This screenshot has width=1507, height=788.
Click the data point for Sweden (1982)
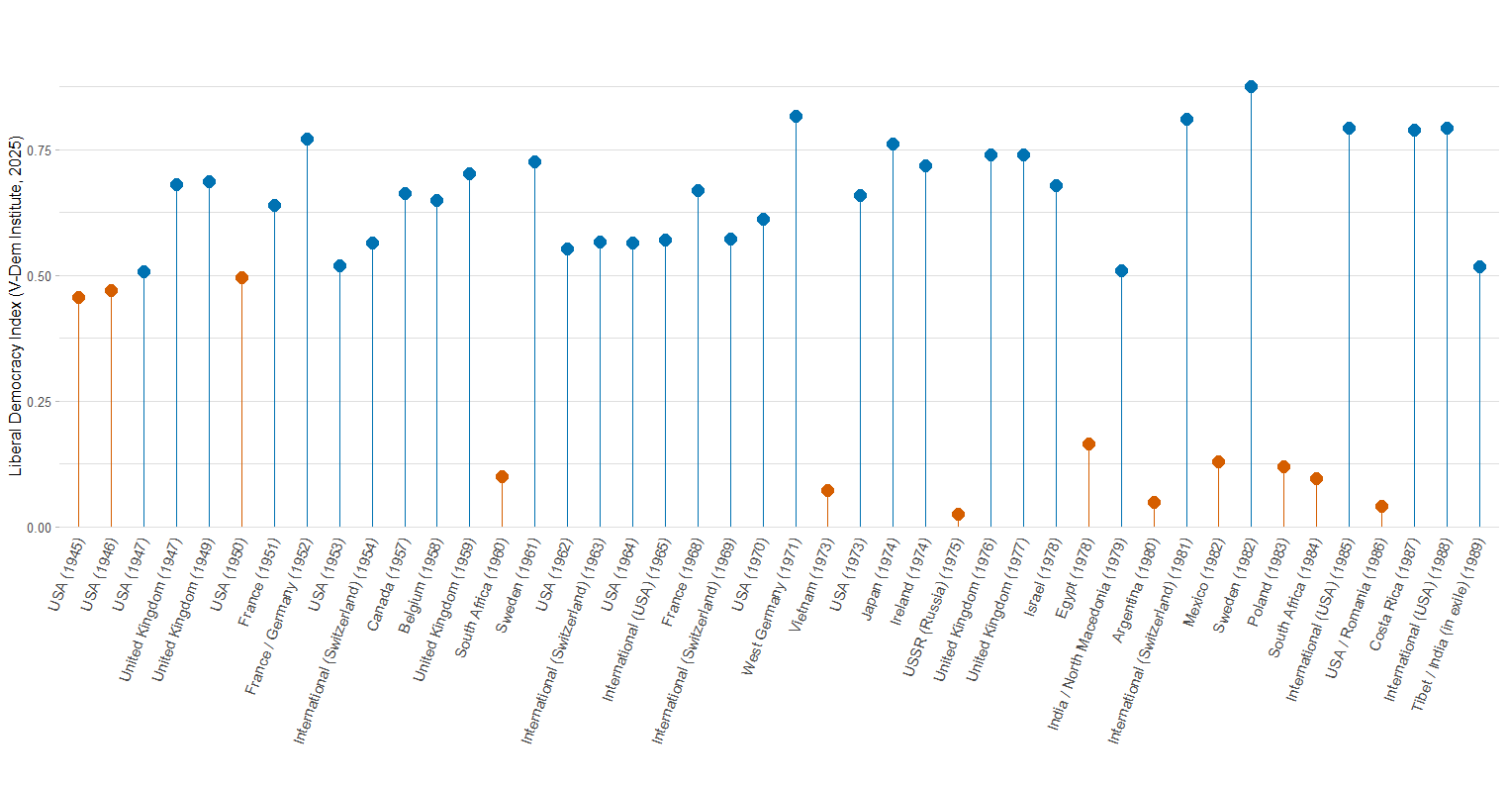coord(1251,87)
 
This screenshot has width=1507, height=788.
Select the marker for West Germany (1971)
coord(796,117)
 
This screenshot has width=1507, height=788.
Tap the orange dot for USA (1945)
coord(78,297)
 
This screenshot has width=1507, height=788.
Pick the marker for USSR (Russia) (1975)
coord(958,515)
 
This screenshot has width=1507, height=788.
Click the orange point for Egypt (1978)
coord(1088,444)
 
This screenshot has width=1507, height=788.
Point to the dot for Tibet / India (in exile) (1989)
coord(1479,266)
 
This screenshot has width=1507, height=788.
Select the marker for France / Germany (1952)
coord(307,140)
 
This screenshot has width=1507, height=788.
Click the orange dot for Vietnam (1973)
coord(827,491)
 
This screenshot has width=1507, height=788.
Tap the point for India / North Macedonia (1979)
coord(1121,271)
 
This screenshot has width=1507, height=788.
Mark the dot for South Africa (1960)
coord(502,477)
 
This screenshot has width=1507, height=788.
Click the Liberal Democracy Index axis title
coord(15,307)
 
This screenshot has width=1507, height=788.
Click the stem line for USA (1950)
coord(241,406)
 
